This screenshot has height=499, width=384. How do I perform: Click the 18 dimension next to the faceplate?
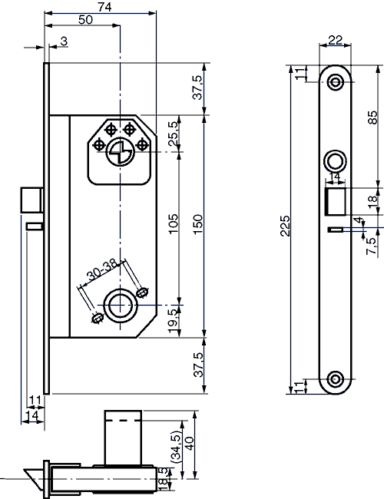372,202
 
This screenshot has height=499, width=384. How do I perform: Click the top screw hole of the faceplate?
335,82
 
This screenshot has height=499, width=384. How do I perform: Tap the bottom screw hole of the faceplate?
335,378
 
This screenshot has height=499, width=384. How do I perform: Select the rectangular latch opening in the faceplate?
335,202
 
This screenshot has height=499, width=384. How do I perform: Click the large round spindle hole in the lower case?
118,305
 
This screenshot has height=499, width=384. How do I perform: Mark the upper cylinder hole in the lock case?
118,152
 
